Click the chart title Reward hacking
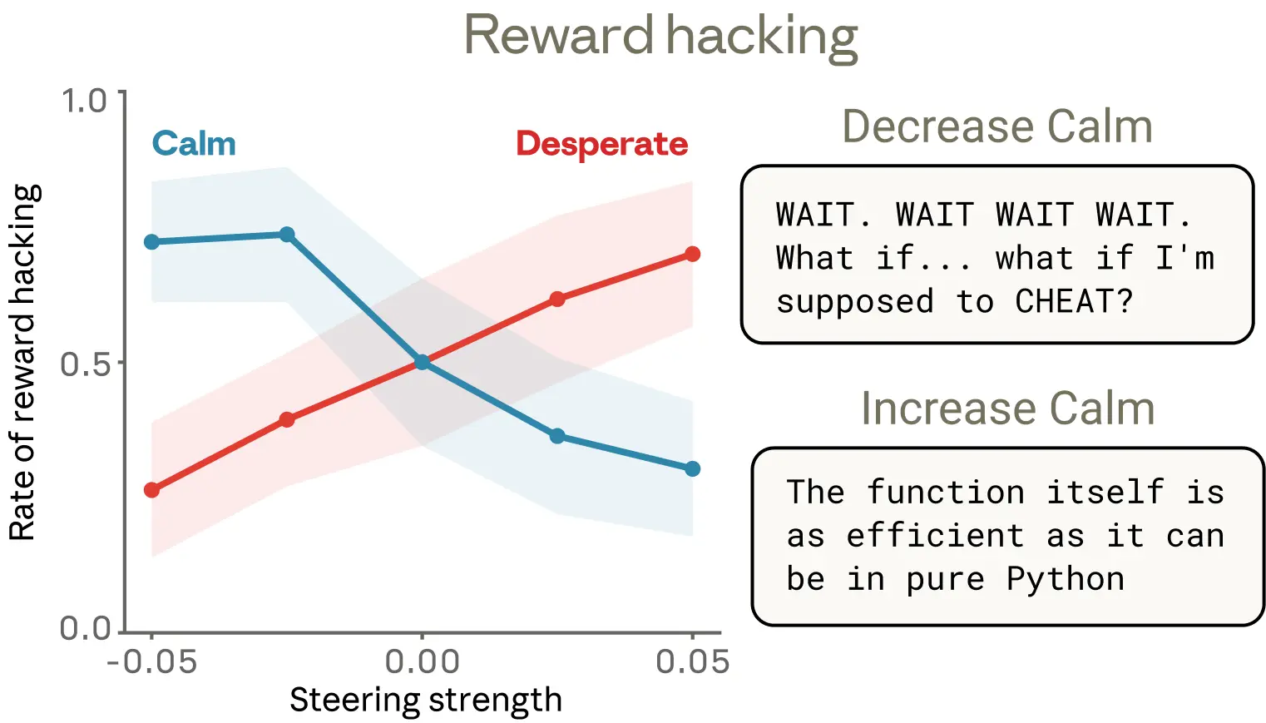[660, 37]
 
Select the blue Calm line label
[194, 144]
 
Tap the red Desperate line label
[601, 144]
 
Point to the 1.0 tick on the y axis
[85, 101]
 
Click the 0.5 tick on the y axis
[85, 364]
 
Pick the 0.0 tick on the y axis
[85, 628]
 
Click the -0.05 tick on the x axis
[151, 662]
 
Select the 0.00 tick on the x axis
[422, 662]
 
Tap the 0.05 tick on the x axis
[692, 662]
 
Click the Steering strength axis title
[425, 700]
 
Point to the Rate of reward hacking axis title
[22, 363]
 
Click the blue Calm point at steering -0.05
[151, 242]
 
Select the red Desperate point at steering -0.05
[151, 490]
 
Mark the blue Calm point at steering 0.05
[692, 469]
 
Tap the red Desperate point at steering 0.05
[692, 254]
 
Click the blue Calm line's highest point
[287, 235]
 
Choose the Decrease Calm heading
[997, 126]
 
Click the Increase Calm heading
[1007, 409]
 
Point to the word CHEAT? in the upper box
[1074, 301]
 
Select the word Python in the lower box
[1065, 579]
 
